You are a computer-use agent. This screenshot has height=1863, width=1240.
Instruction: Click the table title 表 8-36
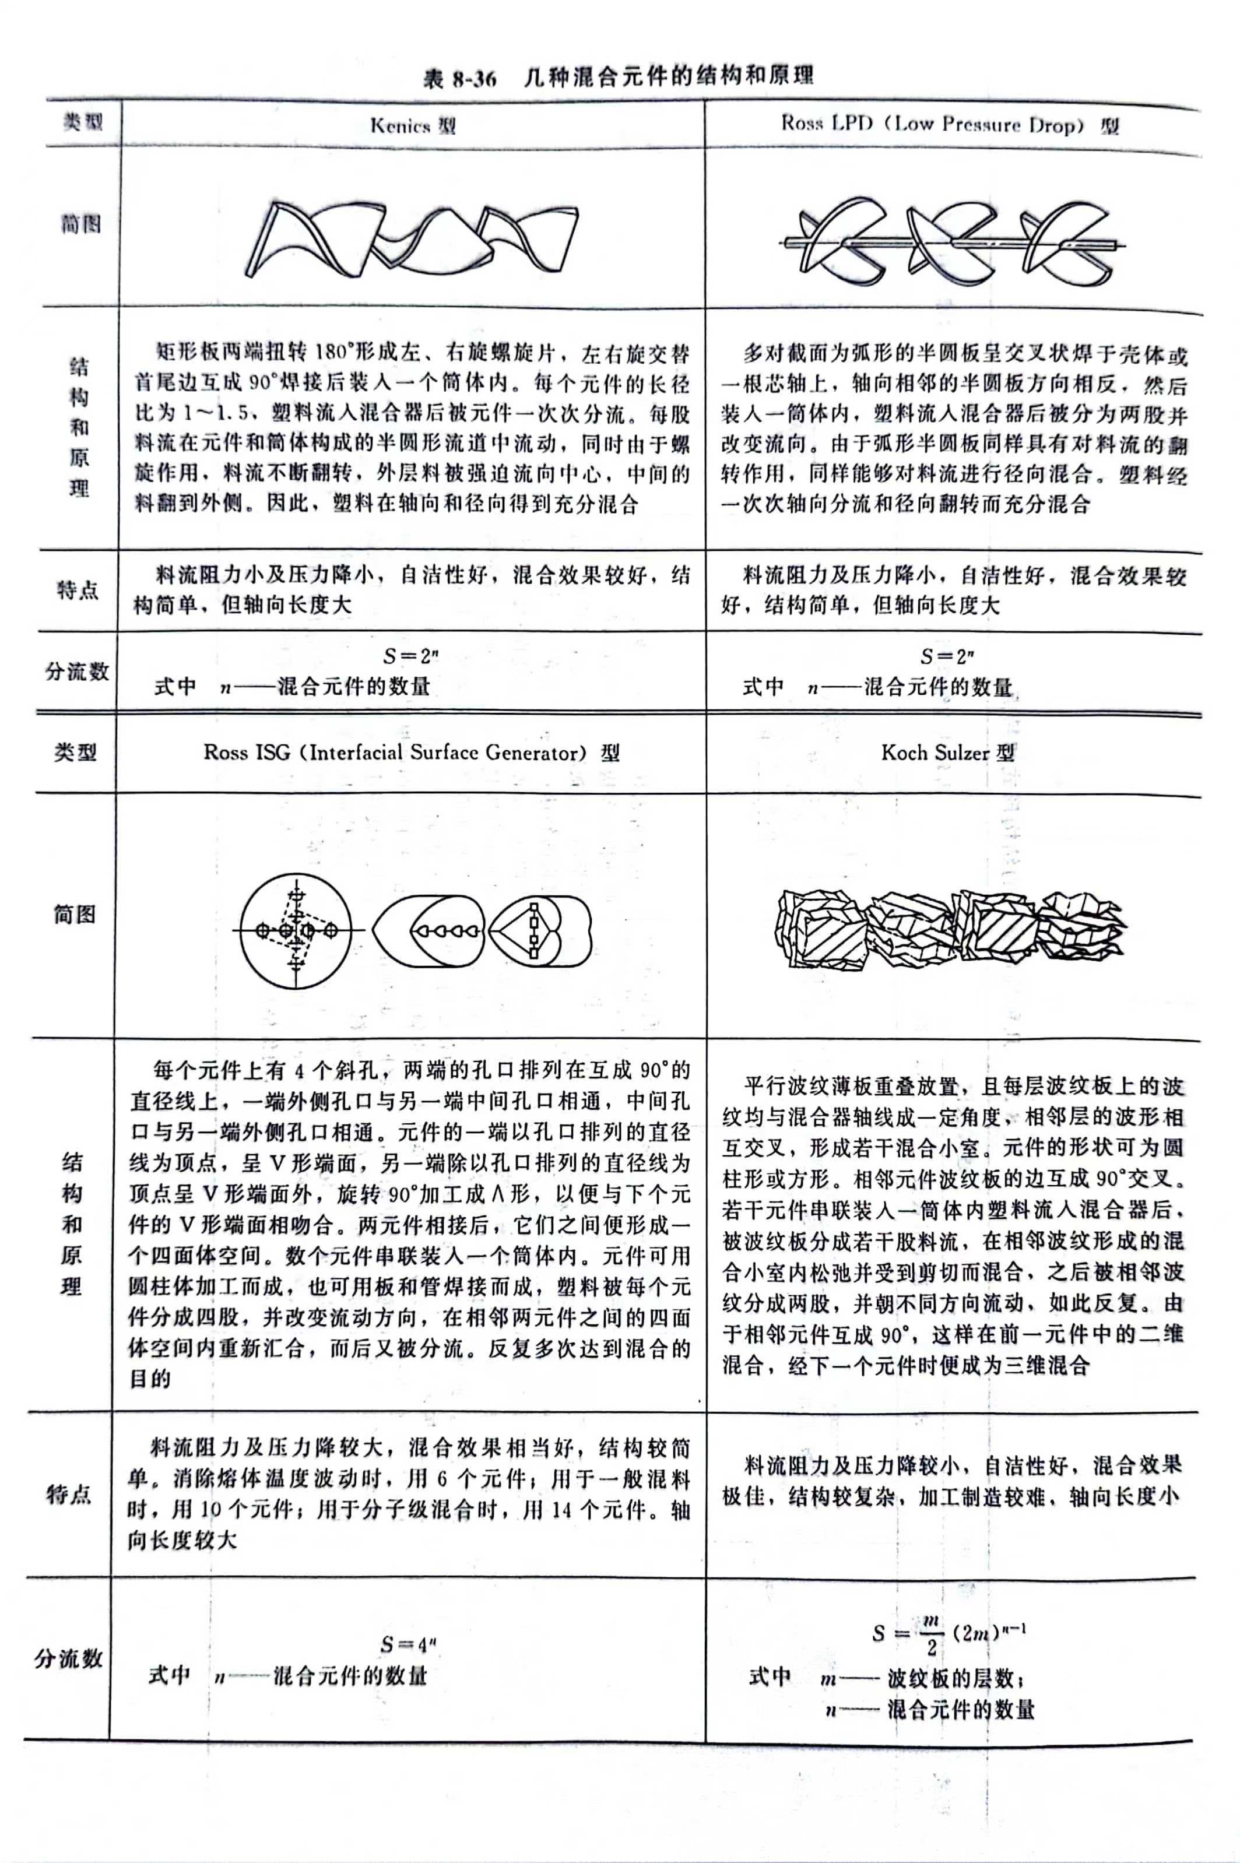pos(460,78)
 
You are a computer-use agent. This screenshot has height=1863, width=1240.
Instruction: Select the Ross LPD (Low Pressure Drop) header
pos(950,124)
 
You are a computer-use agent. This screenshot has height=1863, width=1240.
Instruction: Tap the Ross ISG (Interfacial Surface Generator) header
pos(411,752)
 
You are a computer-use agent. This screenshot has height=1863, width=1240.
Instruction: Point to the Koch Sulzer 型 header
pos(947,752)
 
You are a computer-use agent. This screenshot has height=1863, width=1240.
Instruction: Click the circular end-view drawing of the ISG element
pos(296,931)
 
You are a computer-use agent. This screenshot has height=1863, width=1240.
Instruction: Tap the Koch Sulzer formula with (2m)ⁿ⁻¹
pos(949,1632)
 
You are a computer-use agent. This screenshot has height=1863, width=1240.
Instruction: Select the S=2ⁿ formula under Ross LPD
pos(947,656)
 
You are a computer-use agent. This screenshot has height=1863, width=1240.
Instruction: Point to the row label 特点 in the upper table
pos(78,590)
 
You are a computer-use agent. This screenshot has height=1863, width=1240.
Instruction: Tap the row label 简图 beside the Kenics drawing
pos(82,224)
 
